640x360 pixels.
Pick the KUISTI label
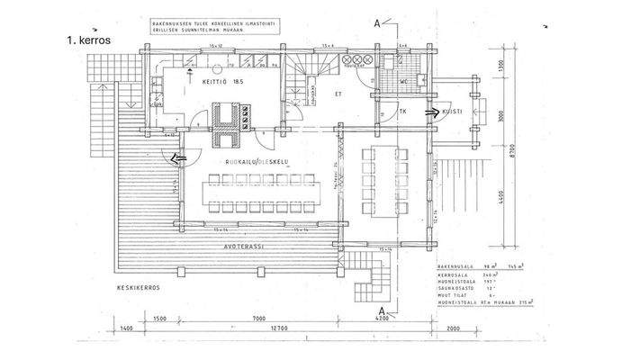[454, 112]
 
